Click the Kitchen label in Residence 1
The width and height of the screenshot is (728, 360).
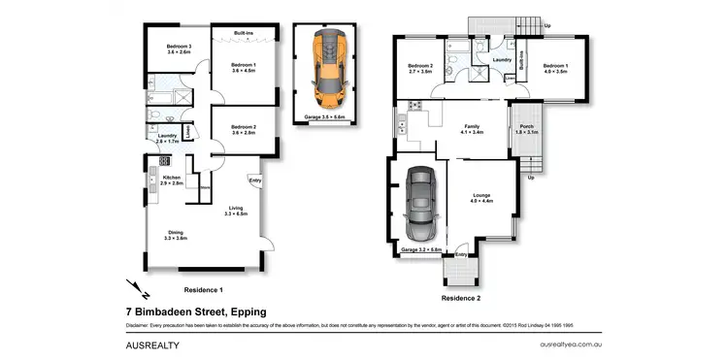pos(172,180)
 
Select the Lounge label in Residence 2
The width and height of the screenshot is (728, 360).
pos(481,198)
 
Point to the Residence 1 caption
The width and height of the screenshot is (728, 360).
pos(204,289)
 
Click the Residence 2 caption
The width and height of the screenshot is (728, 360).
pos(461,297)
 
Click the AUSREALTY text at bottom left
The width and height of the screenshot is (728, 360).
pos(154,344)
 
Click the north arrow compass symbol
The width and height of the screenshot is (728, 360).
pos(137,287)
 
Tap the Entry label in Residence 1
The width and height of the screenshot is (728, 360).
pos(254,180)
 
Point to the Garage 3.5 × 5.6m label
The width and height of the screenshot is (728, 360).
pos(326,115)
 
